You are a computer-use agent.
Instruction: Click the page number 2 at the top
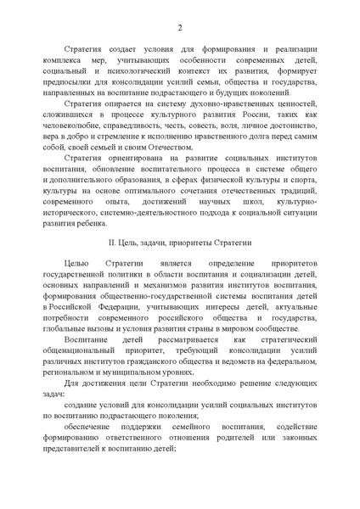[x=180, y=28]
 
